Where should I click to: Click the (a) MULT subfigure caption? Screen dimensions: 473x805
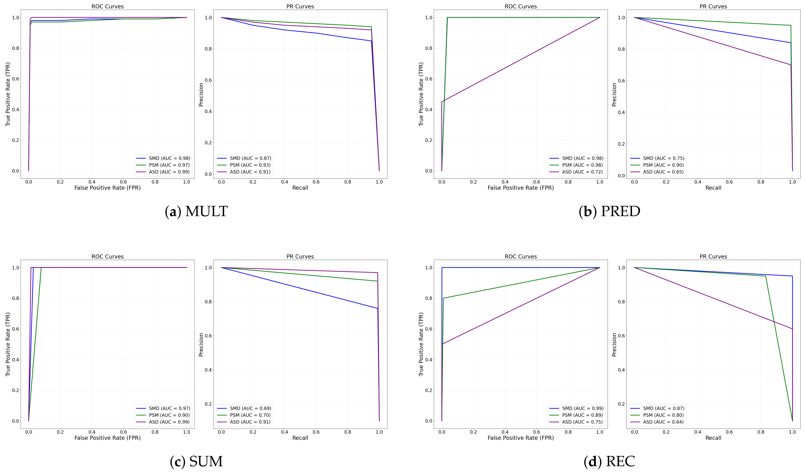pos(196,211)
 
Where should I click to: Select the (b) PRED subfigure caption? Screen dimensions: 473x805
pos(609,211)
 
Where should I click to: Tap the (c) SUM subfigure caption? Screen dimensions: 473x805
pos(196,462)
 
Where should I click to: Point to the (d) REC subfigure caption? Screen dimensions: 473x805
pos(609,462)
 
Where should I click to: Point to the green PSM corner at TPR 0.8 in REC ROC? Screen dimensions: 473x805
pos(443,298)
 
